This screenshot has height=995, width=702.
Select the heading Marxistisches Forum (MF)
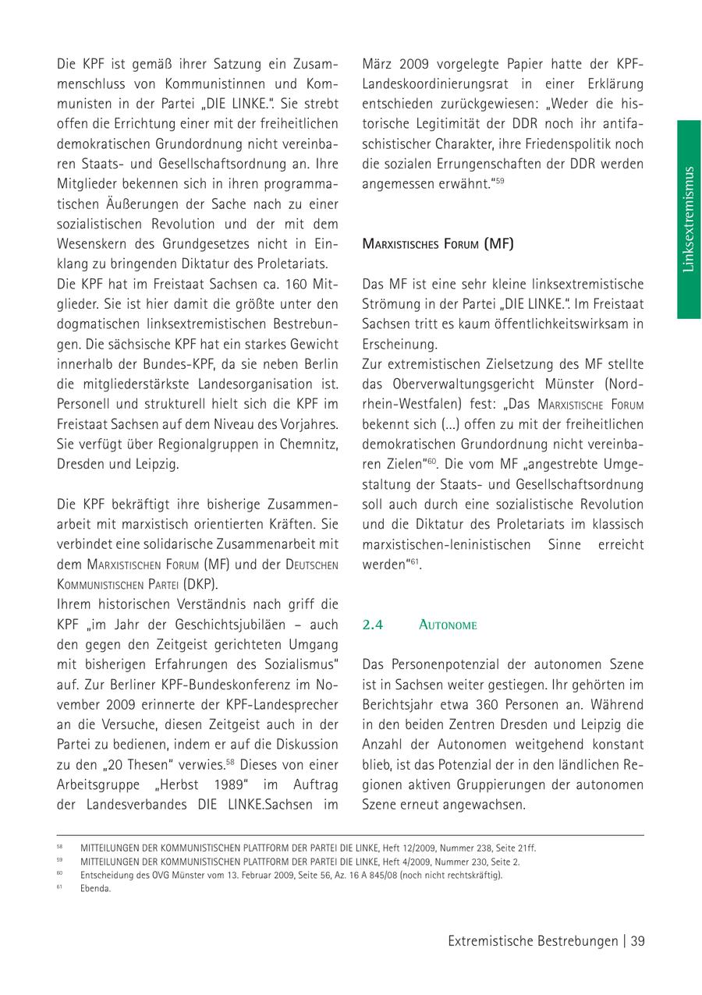click(x=438, y=243)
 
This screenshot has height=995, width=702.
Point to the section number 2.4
click(x=372, y=625)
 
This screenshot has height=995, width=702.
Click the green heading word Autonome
click(x=448, y=625)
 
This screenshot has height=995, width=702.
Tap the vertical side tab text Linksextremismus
click(x=688, y=219)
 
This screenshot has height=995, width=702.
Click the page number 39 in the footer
click(x=637, y=941)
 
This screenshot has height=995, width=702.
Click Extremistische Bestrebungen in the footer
click(x=533, y=941)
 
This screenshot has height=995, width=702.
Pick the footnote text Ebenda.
click(x=95, y=888)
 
